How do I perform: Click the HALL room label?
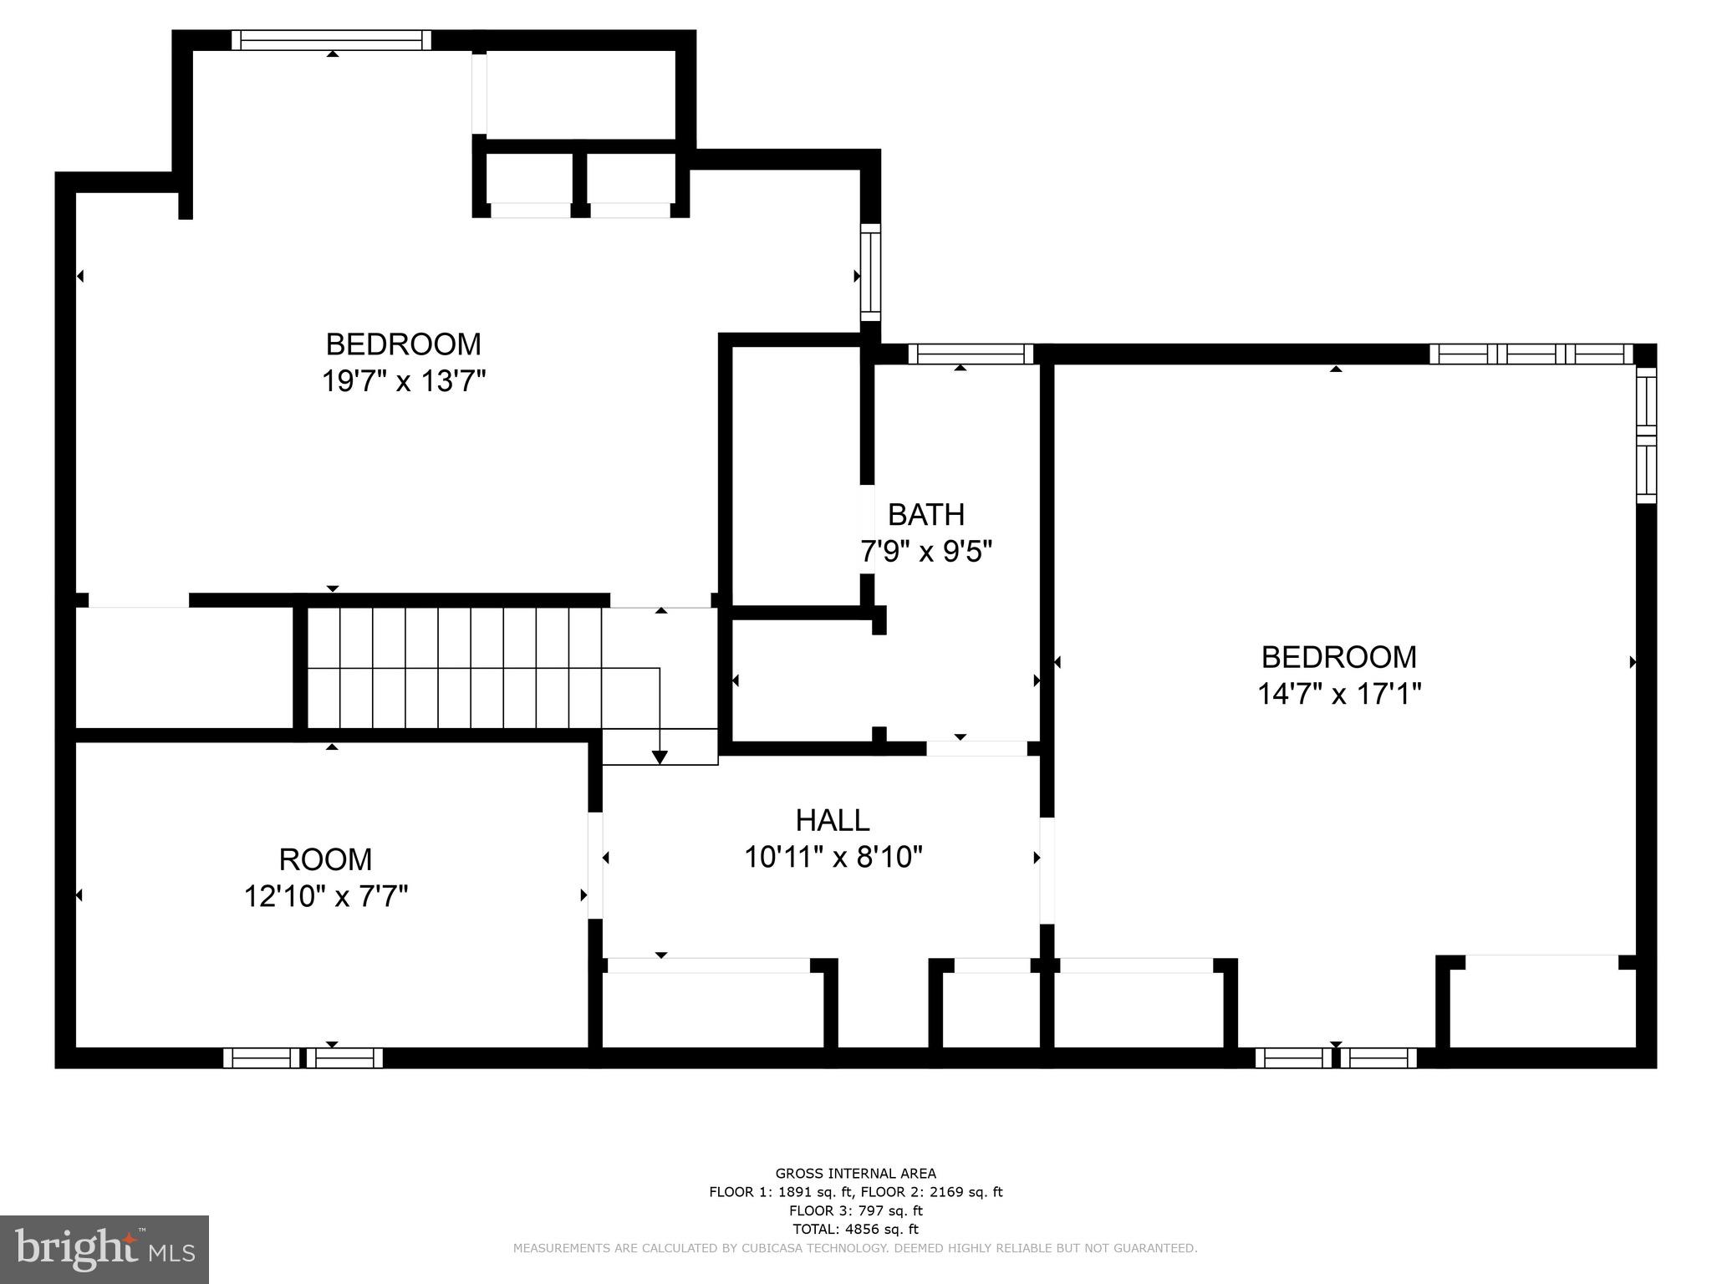832,820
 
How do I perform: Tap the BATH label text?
925,514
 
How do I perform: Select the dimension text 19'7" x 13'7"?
404,381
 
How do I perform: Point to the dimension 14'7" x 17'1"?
1338,694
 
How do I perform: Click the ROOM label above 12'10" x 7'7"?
325,859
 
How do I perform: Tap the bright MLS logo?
104,1249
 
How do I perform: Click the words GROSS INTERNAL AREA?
855,1173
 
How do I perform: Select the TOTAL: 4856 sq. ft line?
855,1229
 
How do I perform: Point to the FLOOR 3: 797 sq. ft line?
855,1210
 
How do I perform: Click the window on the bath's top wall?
971,354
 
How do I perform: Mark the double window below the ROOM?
303,1057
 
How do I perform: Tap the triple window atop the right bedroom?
1531,354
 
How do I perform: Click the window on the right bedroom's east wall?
1645,436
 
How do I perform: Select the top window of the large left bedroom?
331,40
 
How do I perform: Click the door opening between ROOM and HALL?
595,865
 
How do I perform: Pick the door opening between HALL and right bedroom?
1047,870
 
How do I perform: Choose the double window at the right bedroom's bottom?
1336,1057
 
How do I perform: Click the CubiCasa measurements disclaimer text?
855,1248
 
